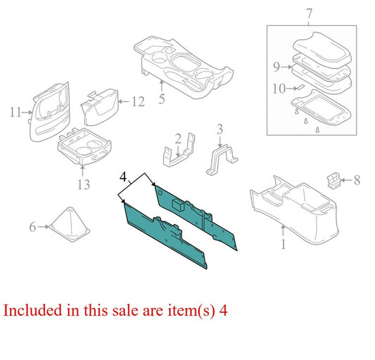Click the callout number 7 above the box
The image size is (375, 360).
(x=309, y=14)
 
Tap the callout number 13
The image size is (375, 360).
(x=84, y=184)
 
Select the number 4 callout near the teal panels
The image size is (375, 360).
(x=123, y=177)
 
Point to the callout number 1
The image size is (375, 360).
(x=283, y=244)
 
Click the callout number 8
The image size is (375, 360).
(x=357, y=180)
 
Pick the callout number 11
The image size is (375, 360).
(x=15, y=112)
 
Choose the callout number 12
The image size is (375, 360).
(x=138, y=102)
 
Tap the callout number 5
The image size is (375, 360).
(x=162, y=99)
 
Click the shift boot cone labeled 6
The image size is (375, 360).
(x=70, y=224)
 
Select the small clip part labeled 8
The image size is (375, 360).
(x=333, y=181)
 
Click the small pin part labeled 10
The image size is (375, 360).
(x=300, y=87)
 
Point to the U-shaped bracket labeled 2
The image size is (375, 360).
(x=179, y=151)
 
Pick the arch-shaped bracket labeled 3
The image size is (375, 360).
(x=221, y=160)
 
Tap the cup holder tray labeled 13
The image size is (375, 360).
(x=84, y=147)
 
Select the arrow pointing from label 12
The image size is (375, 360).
(x=124, y=101)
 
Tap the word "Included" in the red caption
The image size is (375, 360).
(x=33, y=311)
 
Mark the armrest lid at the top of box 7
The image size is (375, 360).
(x=322, y=49)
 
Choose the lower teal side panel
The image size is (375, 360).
(x=165, y=236)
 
